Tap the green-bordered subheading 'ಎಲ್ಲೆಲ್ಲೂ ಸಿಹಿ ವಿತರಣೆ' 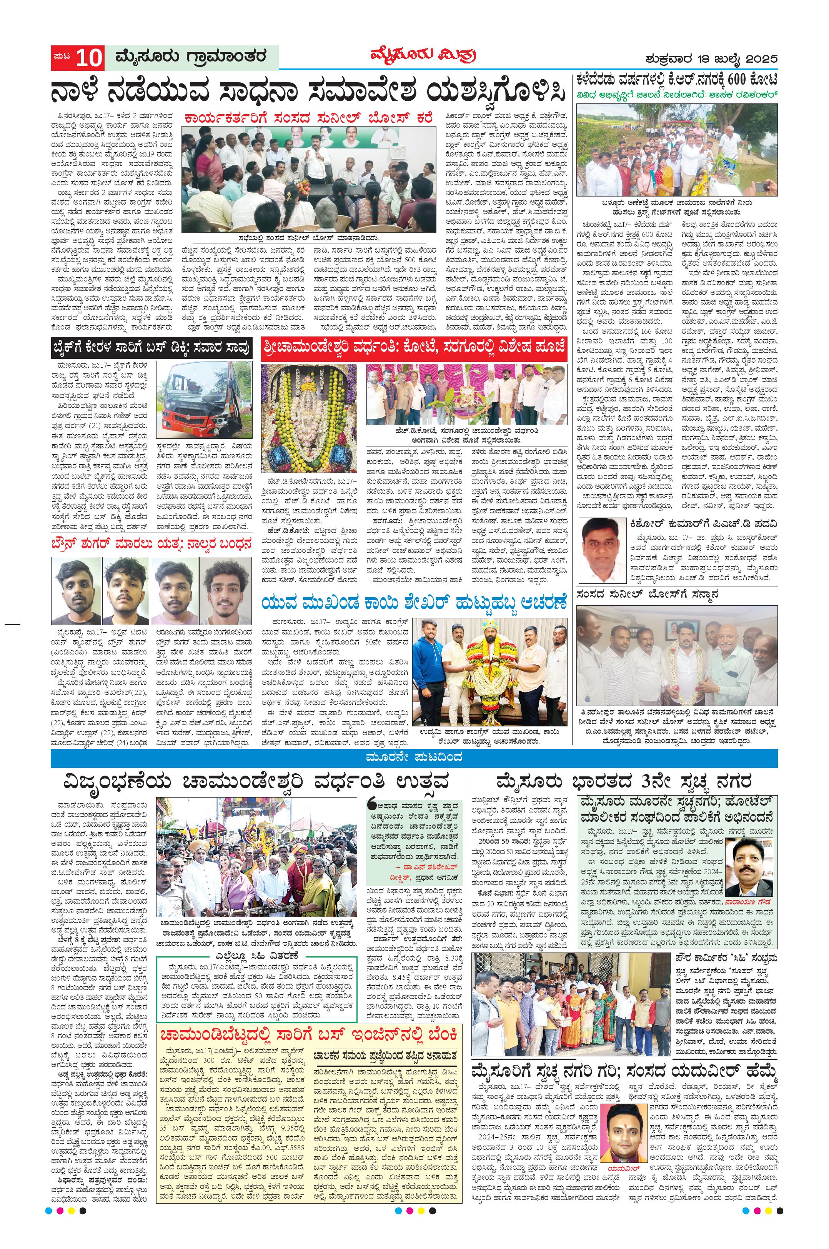click(x=258, y=955)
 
